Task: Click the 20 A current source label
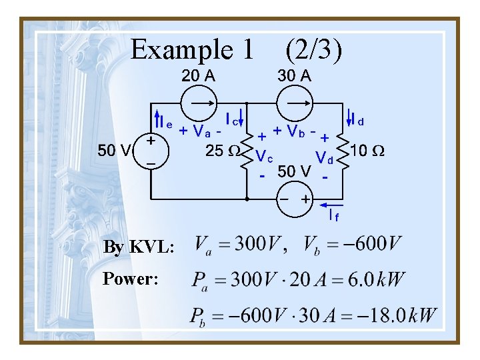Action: [x=199, y=76]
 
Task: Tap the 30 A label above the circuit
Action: [x=294, y=76]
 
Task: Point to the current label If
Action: [x=334, y=215]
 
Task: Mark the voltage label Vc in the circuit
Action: [x=265, y=157]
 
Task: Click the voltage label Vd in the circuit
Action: [x=325, y=157]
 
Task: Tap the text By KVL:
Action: [x=139, y=248]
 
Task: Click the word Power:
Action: [x=131, y=278]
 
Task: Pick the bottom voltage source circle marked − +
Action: [x=295, y=199]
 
